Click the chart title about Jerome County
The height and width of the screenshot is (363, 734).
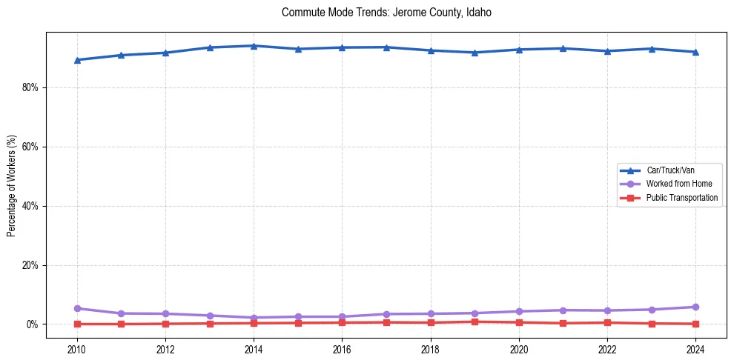click(x=386, y=13)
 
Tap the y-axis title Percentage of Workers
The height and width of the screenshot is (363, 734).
click(x=12, y=186)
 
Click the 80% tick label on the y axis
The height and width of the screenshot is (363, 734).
click(x=30, y=87)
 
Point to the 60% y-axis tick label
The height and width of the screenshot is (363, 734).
click(x=30, y=147)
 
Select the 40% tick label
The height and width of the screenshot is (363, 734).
click(x=30, y=206)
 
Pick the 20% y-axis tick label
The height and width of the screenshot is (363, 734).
click(x=30, y=265)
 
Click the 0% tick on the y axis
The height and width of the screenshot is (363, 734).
click(x=33, y=324)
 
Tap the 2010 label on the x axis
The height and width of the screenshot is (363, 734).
click(x=76, y=349)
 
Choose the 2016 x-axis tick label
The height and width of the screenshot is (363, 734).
click(x=342, y=349)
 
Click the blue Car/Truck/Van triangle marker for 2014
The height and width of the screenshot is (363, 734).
click(x=254, y=46)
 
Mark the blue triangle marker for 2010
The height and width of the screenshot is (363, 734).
click(x=76, y=60)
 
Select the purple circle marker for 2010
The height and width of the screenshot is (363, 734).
click(x=76, y=308)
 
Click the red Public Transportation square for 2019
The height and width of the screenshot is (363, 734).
click(x=475, y=322)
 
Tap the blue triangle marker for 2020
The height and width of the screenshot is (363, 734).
click(x=519, y=50)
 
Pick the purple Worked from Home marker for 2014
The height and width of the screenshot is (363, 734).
click(x=254, y=318)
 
